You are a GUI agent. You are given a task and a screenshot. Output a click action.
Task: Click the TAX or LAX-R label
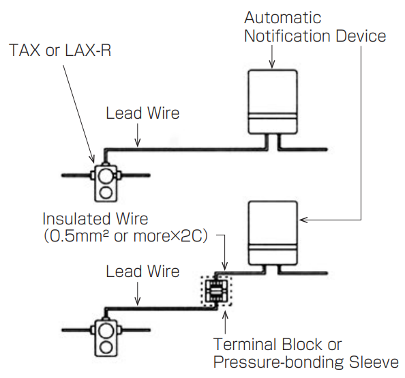(x=60, y=50)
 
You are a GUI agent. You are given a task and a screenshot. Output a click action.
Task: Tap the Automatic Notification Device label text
(x=315, y=27)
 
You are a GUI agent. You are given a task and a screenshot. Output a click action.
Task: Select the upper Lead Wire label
(x=142, y=113)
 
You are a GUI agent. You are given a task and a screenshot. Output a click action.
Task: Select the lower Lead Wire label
(x=142, y=272)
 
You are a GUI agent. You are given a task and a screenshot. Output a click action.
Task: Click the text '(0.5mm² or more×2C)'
(x=125, y=236)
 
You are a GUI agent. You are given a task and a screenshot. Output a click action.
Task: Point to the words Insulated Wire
(x=95, y=219)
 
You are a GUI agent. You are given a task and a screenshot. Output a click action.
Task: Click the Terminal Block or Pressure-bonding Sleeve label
(x=306, y=353)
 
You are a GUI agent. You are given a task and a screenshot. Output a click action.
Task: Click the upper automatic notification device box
(x=273, y=102)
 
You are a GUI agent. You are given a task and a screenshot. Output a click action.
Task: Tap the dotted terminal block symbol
(x=217, y=291)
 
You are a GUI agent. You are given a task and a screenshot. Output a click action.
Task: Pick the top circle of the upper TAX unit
(x=106, y=175)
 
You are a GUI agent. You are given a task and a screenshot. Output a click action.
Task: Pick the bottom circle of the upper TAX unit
(x=106, y=193)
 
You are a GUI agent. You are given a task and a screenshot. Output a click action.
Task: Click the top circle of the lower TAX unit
(x=106, y=331)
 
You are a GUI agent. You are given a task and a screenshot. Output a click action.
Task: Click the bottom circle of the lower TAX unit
(x=106, y=347)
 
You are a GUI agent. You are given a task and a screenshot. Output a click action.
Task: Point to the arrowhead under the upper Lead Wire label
(x=138, y=143)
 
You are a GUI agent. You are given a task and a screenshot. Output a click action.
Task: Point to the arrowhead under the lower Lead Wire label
(x=138, y=301)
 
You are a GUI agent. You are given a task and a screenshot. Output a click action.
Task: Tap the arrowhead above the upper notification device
(x=272, y=64)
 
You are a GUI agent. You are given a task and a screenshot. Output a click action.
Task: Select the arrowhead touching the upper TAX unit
(x=91, y=158)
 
